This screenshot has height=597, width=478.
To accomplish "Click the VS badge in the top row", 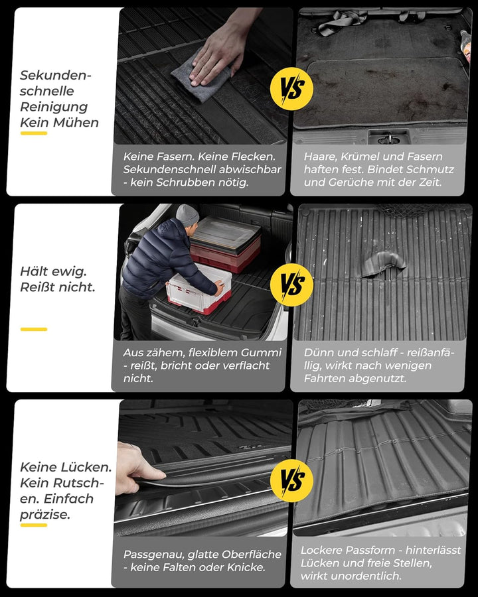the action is pos(291,89).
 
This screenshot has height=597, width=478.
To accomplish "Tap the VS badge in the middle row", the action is pos(291,285).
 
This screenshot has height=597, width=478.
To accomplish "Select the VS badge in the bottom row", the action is pos(291,480).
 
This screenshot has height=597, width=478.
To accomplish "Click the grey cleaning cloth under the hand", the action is pos(200,78).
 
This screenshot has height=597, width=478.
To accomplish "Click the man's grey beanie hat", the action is pos(187,215).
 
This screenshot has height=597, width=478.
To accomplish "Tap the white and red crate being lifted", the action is pos(199,289).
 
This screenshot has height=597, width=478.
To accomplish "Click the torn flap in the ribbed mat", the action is pos(382,263).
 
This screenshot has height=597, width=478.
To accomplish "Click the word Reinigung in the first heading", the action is pos(54,107).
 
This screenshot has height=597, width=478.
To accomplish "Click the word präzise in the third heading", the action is pos(45,515).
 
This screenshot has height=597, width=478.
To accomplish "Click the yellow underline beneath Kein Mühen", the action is pos(34,133).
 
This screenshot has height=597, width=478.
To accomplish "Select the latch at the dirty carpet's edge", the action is pos(388,138).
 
